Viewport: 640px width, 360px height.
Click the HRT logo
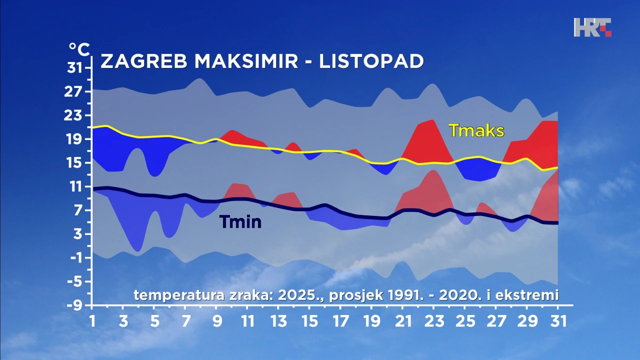coord(592,27)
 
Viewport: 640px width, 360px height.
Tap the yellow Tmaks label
coord(476,130)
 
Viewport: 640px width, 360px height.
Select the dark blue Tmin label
coord(240,221)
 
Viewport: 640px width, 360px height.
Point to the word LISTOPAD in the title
coord(371,61)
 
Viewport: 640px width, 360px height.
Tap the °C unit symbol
coord(79,49)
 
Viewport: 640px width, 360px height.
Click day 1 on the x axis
coord(92,320)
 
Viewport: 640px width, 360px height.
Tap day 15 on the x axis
coord(309,320)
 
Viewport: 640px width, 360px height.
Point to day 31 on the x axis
coord(557,320)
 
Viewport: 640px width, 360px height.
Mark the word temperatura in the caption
coord(178,295)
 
